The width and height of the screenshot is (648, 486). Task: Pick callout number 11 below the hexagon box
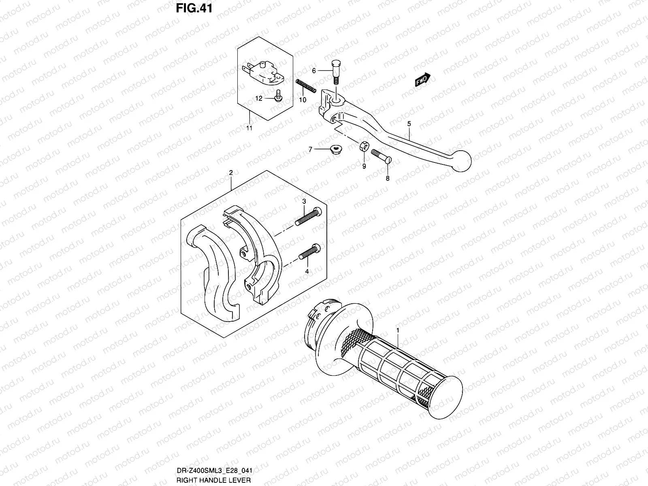pyautogui.click(x=249, y=128)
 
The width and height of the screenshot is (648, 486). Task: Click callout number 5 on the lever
pyautogui.click(x=409, y=124)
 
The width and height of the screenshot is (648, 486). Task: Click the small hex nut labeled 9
pyautogui.click(x=364, y=145)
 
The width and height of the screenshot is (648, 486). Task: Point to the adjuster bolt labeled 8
pyautogui.click(x=381, y=156)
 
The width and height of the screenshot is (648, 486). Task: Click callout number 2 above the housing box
pyautogui.click(x=231, y=173)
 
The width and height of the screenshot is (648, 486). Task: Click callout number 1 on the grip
pyautogui.click(x=398, y=330)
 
